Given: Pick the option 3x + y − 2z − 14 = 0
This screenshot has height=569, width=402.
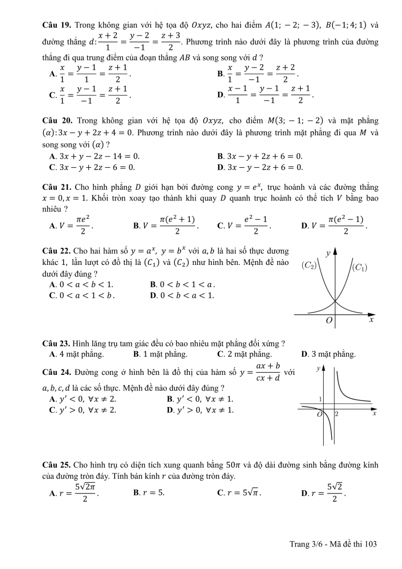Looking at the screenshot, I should pyautogui.click(x=94, y=156).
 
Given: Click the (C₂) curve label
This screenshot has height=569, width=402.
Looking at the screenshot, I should pyautogui.click(x=310, y=265).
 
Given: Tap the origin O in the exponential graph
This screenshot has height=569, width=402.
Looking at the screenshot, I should pyautogui.click(x=329, y=320).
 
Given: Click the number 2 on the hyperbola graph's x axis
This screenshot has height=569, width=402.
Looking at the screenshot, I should pyautogui.click(x=337, y=414).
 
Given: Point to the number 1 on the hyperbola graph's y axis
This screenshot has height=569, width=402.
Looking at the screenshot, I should pyautogui.click(x=321, y=400).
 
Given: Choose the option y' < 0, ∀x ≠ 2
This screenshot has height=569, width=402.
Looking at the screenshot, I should pyautogui.click(x=83, y=399).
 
